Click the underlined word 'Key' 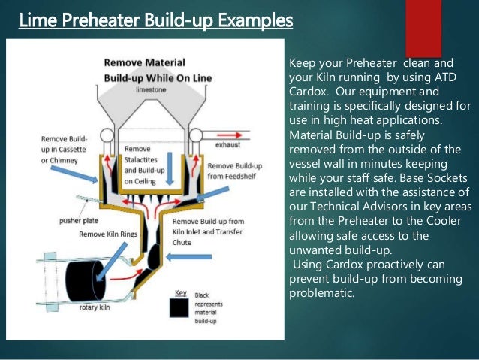[x=180, y=292]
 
